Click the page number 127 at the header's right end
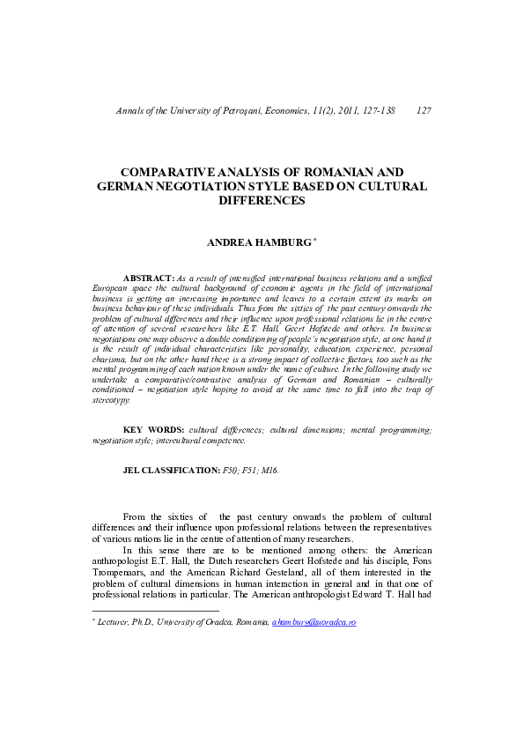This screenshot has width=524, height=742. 422,111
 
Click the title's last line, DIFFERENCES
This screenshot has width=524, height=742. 261,201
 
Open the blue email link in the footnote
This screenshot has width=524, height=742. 314,622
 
